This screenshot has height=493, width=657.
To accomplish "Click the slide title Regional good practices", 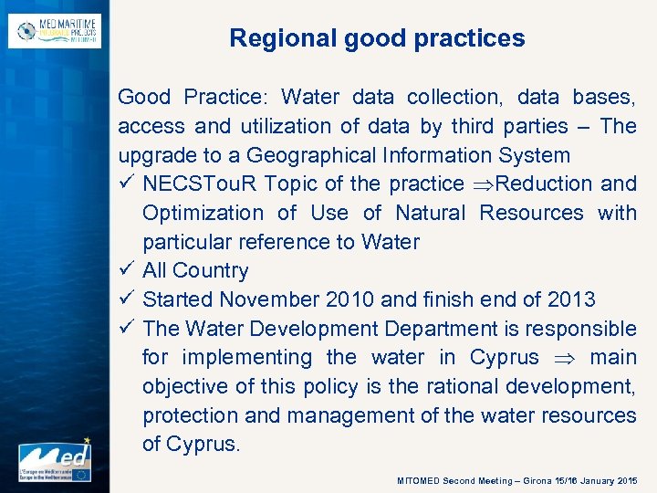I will click(377, 38).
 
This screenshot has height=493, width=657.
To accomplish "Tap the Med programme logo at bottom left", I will click(55, 460).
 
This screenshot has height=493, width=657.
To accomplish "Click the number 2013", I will click(571, 299).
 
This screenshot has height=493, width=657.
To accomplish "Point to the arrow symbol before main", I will click(556, 358).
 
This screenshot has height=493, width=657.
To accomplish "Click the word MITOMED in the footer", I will click(418, 480).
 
